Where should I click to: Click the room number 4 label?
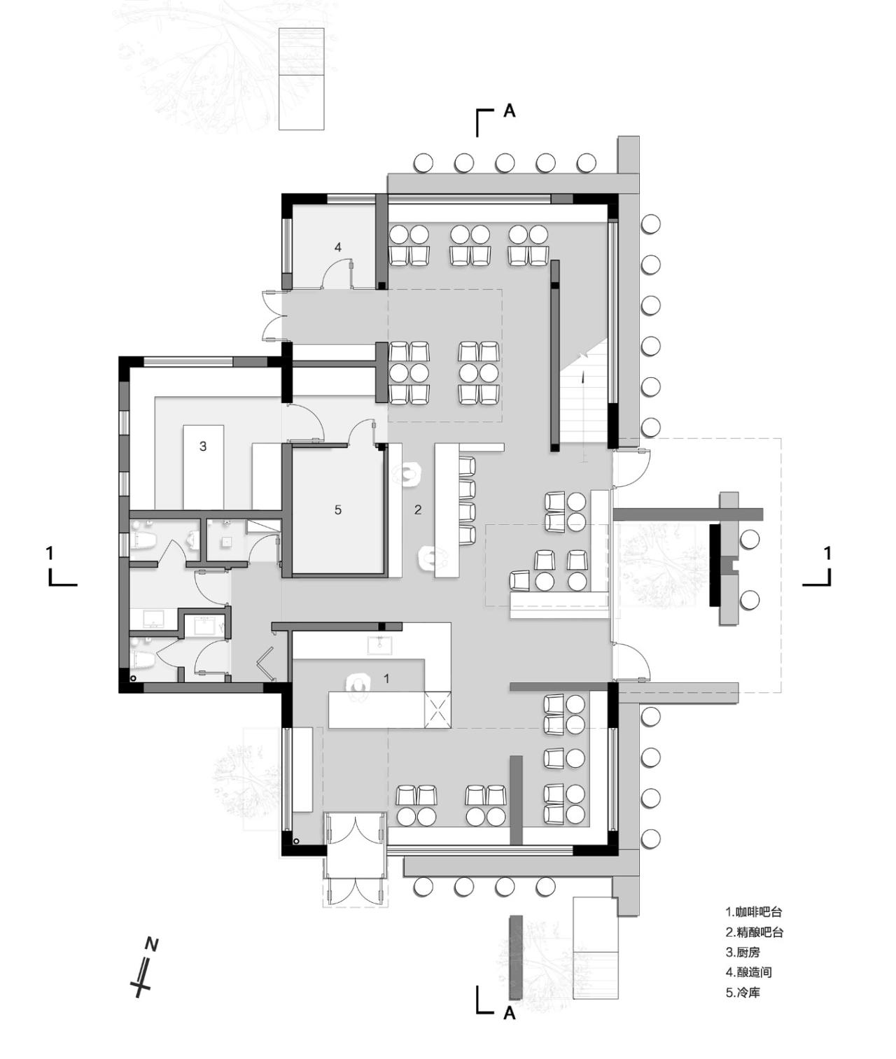click(338, 247)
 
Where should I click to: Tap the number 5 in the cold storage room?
click(338, 510)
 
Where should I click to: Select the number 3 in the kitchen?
click(203, 446)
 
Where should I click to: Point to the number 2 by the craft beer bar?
click(418, 510)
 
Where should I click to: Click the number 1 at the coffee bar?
click(386, 678)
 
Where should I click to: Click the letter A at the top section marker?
click(509, 111)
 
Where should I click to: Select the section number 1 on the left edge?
click(49, 554)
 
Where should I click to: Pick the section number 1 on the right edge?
click(828, 554)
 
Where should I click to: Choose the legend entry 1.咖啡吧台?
click(753, 912)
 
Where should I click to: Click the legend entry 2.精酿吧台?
click(754, 932)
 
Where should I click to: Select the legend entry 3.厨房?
click(743, 952)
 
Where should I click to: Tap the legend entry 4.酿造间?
click(748, 972)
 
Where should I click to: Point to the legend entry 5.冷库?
click(743, 993)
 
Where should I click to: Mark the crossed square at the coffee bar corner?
click(438, 709)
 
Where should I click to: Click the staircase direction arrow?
click(582, 378)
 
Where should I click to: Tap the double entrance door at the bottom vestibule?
click(355, 830)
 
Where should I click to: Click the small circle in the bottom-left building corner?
click(296, 841)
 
